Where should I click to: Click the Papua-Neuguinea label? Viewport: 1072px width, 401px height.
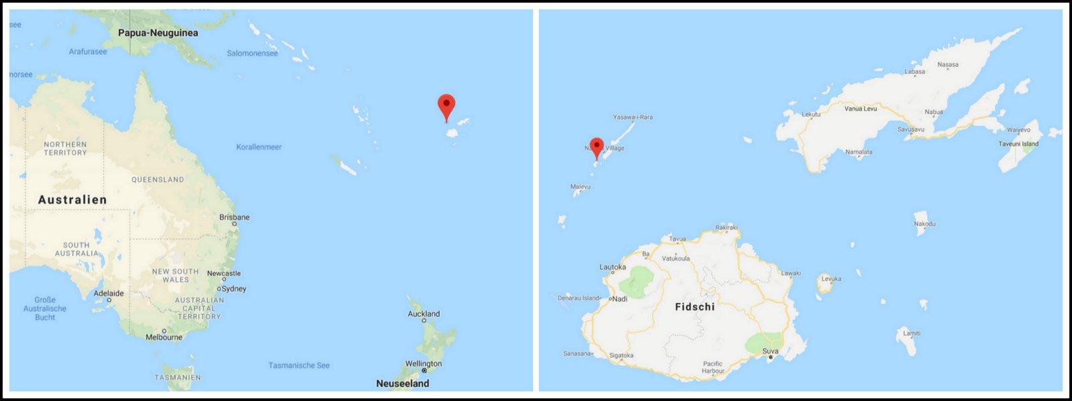click(x=158, y=33)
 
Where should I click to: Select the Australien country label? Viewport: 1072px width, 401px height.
click(x=72, y=200)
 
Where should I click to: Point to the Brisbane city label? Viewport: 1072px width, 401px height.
click(x=234, y=217)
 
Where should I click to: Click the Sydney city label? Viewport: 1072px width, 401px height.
click(x=234, y=289)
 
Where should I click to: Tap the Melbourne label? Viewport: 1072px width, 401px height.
click(x=164, y=337)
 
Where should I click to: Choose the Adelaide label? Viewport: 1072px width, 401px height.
click(x=109, y=294)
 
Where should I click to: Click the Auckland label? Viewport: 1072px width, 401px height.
click(x=424, y=314)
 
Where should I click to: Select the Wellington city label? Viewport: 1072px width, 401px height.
click(x=423, y=364)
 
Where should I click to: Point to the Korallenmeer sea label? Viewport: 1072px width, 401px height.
click(x=259, y=147)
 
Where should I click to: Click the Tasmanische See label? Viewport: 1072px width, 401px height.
click(x=299, y=365)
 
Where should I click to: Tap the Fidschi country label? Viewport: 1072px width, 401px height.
click(x=695, y=307)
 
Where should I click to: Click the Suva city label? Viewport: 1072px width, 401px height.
click(x=770, y=351)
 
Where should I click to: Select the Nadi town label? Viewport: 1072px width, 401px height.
click(x=620, y=299)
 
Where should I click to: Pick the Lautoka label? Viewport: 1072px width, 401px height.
click(x=612, y=267)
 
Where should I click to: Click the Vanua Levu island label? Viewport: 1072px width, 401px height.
click(x=860, y=109)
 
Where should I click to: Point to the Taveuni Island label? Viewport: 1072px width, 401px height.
click(x=1018, y=144)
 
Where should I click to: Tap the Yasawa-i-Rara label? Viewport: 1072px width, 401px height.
click(x=632, y=117)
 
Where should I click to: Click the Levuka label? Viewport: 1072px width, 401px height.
click(x=831, y=279)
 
